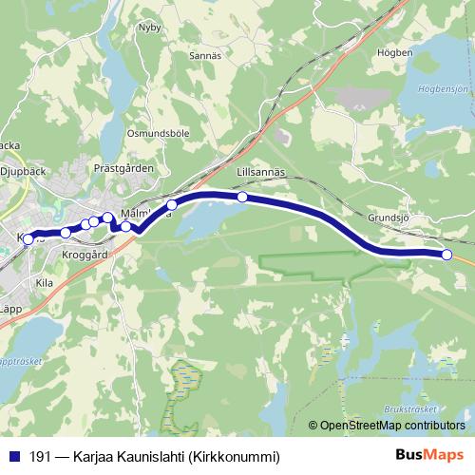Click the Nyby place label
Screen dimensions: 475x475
click(x=150, y=54)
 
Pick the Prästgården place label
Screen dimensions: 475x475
click(x=124, y=167)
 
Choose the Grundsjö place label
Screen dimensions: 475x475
click(x=387, y=216)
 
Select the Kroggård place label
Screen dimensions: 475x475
click(x=85, y=254)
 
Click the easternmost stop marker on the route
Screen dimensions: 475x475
click(x=447, y=254)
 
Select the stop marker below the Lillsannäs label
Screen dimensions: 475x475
click(x=242, y=197)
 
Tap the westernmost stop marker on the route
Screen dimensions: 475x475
click(x=28, y=238)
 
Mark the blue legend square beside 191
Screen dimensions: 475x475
click(x=14, y=456)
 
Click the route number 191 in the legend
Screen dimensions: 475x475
click(x=41, y=456)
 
